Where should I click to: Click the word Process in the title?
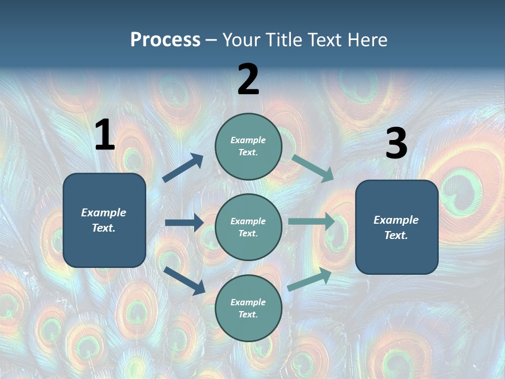coord(165,40)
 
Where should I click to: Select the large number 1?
coord(105,135)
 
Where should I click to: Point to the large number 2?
coord(248,79)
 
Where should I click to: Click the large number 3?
coord(396,144)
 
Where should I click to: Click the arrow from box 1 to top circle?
coord(183,168)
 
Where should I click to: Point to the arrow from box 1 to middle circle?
coord(184,223)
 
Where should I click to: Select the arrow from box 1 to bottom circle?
coord(185,281)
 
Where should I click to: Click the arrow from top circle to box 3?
coord(312,167)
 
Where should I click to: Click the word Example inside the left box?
coord(104,213)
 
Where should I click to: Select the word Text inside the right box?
coord(396,235)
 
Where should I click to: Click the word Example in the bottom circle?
coord(248,302)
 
